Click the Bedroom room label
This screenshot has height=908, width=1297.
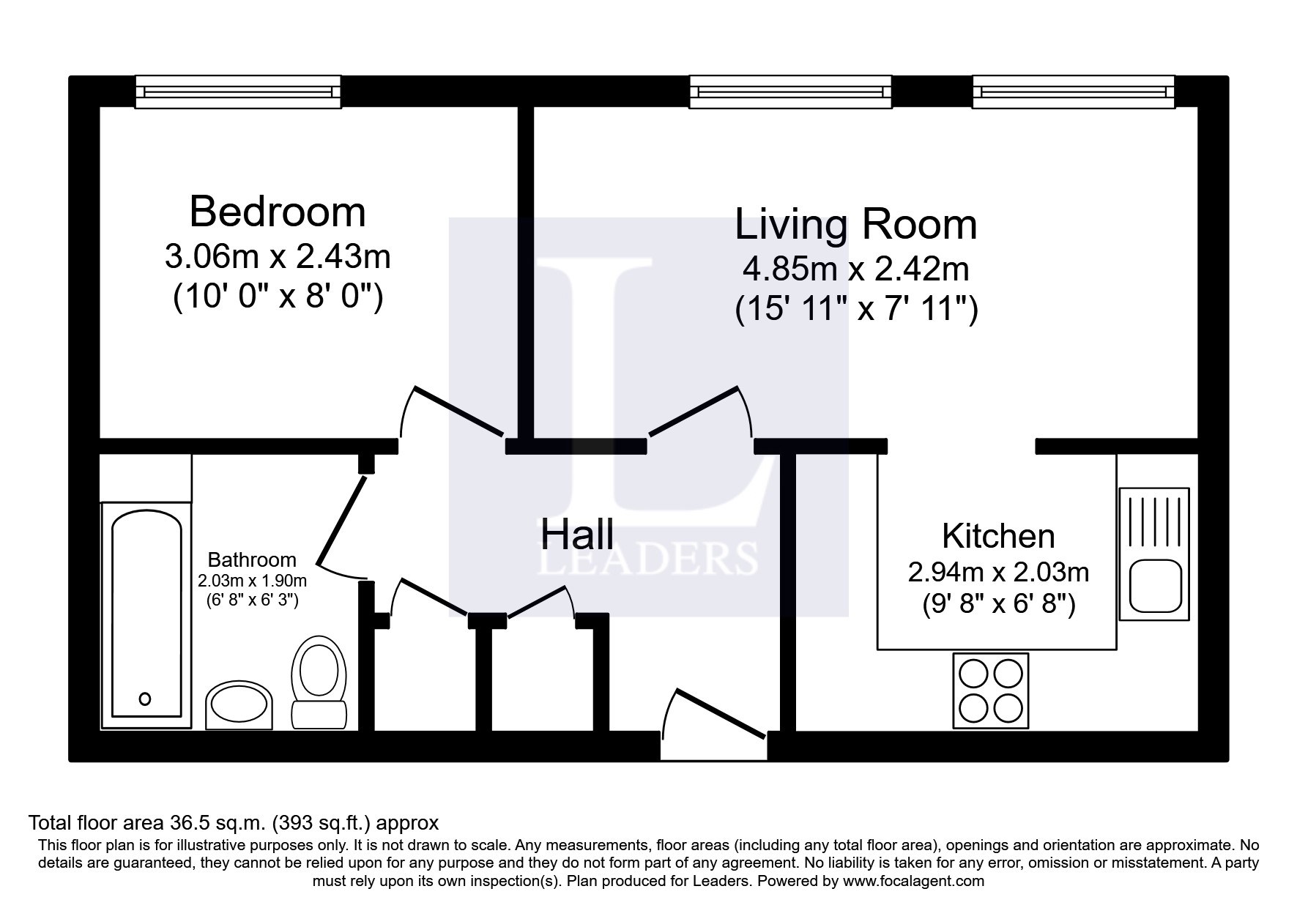[278, 212]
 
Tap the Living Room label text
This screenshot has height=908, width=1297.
[856, 224]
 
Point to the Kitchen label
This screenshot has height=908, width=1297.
[998, 536]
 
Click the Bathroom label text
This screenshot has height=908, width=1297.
[252, 560]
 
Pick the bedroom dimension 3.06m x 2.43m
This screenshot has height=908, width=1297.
[278, 257]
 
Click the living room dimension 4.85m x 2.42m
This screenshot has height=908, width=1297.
[856, 269]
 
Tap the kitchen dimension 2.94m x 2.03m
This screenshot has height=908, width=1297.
[998, 572]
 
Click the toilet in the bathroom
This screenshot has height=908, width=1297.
[319, 681]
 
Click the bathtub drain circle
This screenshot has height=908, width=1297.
[145, 699]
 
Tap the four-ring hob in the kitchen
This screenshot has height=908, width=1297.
[990, 691]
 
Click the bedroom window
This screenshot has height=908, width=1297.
[238, 92]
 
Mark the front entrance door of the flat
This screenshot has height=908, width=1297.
[715, 715]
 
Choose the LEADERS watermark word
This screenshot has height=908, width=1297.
[647, 559]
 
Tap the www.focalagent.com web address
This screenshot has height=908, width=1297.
[913, 881]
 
